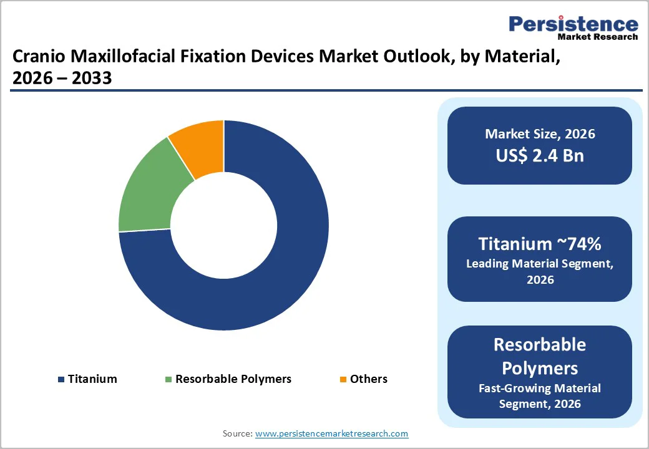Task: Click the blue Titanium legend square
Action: click(61, 379)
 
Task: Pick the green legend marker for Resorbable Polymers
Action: click(168, 379)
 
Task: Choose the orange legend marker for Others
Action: click(342, 379)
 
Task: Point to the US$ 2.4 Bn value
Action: click(540, 155)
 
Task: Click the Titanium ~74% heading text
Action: click(540, 243)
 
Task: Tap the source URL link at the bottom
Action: click(331, 433)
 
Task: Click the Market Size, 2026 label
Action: click(540, 134)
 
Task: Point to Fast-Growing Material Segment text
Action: click(540, 395)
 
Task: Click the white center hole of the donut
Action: click(223, 225)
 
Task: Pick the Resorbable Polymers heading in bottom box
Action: click(540, 355)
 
